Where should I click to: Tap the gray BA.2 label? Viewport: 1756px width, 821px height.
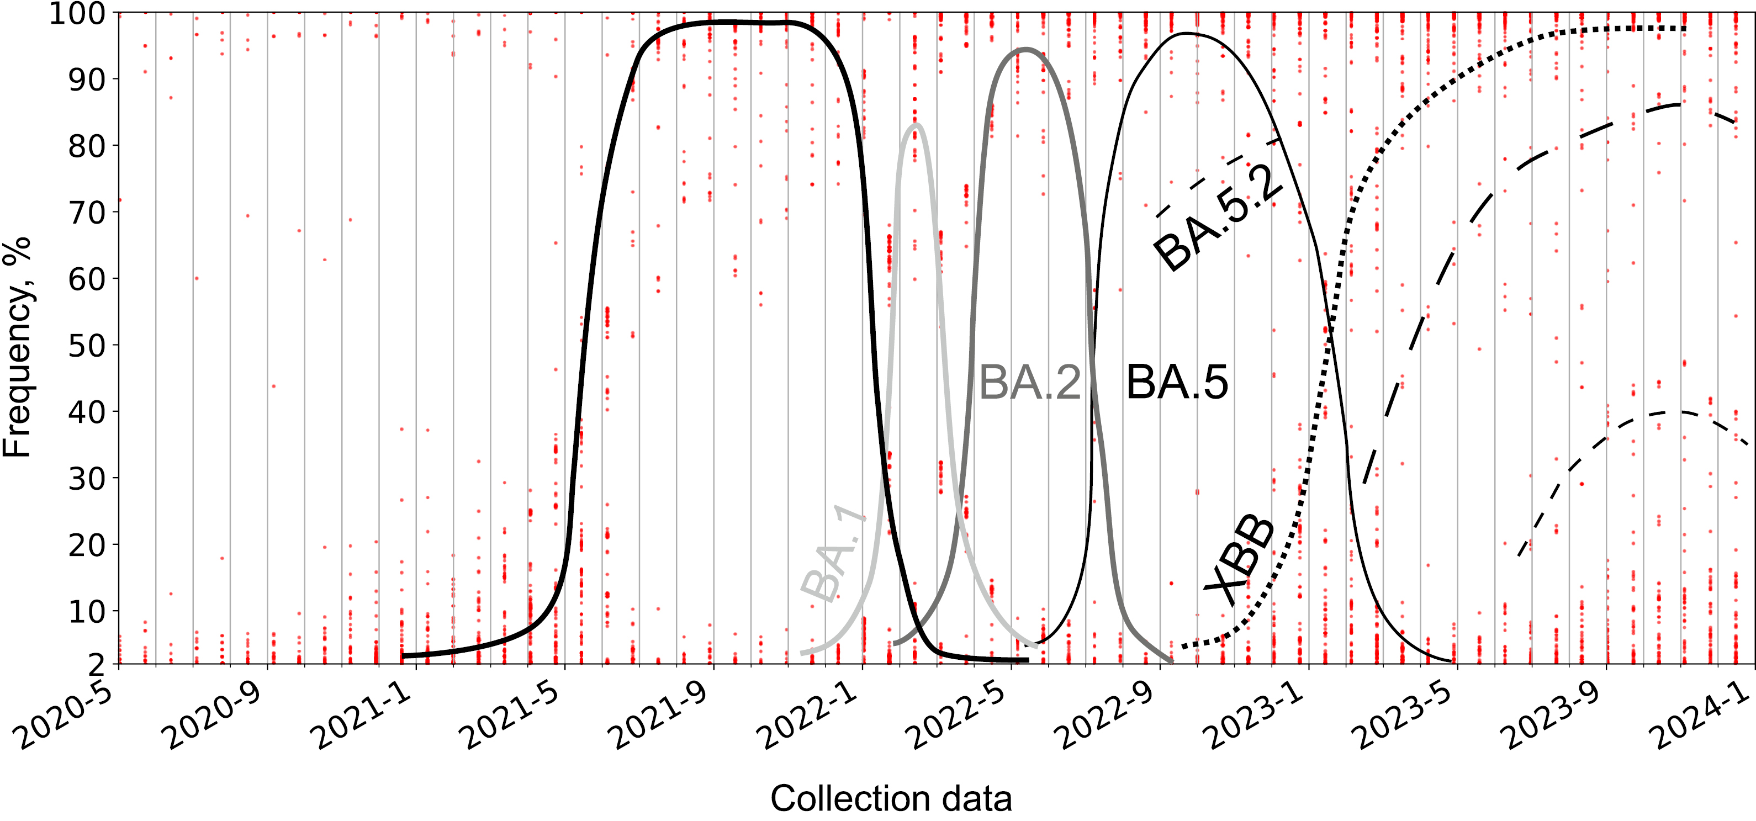coord(1029,383)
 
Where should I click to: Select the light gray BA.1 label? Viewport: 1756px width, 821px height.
coord(833,555)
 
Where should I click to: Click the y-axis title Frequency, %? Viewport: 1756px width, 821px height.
coord(17,347)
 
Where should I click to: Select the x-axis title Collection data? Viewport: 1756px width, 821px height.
coord(891,798)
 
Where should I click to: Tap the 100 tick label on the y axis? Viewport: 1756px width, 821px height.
coord(76,14)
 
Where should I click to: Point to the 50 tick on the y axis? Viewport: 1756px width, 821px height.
coord(86,346)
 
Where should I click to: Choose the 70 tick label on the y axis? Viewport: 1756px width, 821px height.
coord(86,213)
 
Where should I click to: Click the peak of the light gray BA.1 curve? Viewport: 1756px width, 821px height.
coord(917,125)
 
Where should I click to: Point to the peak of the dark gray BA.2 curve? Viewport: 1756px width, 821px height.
coord(1025,49)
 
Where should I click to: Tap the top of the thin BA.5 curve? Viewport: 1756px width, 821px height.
coord(1186,33)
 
